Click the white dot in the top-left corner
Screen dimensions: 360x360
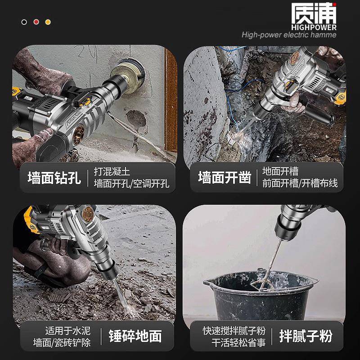24,22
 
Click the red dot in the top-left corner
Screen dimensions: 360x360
36,22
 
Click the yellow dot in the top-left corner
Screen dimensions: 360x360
48,22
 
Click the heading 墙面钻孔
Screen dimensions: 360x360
54,177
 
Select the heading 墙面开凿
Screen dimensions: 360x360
224,177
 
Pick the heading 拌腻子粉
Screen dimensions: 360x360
306,336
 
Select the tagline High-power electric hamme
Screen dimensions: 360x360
288,35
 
